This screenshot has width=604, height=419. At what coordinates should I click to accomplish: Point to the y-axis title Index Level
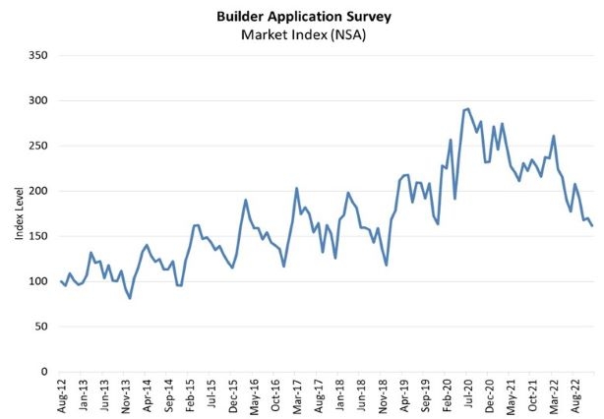19,212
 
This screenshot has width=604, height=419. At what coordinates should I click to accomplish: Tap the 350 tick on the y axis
38,55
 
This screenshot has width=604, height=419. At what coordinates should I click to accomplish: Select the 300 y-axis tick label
38,100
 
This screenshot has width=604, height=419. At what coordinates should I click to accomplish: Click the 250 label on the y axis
38,146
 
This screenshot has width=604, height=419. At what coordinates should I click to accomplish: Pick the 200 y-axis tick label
38,191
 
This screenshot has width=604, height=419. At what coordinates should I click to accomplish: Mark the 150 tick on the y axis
38,236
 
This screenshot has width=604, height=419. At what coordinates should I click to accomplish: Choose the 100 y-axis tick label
38,281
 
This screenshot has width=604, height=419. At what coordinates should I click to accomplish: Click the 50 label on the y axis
41,327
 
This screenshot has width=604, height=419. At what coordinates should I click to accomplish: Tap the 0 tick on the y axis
44,372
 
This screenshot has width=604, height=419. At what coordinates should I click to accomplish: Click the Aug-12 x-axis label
62,395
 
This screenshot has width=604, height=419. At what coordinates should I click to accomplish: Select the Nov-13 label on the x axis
126,395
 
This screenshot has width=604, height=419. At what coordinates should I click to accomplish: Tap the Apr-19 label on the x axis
403,395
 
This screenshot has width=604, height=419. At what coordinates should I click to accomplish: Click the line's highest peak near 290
467,108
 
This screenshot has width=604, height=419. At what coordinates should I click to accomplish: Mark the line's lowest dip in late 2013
130,298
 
